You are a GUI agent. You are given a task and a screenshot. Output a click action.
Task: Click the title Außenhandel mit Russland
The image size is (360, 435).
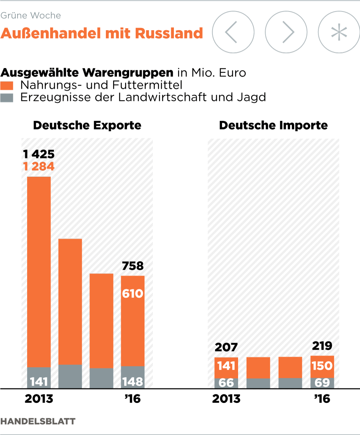pyautogui.click(x=102, y=33)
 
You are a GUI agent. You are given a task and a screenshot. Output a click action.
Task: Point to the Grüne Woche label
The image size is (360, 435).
pyautogui.click(x=31, y=16)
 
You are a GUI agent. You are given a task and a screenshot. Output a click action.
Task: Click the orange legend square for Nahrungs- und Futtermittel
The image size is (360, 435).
pyautogui.click(x=7, y=85)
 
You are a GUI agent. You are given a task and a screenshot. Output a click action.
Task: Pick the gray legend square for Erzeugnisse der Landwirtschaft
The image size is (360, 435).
pyautogui.click(x=7, y=97)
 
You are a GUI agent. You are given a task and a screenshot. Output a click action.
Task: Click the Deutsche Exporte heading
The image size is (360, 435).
pyautogui.click(x=87, y=125)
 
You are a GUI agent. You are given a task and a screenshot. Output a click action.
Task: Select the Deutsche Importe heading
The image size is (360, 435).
pyautogui.click(x=273, y=125)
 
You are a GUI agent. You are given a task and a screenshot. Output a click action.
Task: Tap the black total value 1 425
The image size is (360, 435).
pyautogui.click(x=39, y=154)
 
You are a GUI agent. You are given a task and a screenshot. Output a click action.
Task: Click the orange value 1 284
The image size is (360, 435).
pyautogui.click(x=39, y=166)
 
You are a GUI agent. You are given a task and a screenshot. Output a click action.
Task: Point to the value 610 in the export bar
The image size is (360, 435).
pyautogui.click(x=133, y=294)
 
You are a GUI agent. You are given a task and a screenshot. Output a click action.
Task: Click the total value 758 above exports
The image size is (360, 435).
pyautogui.click(x=133, y=266)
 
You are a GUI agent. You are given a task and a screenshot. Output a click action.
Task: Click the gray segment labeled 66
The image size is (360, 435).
pyautogui.click(x=226, y=382)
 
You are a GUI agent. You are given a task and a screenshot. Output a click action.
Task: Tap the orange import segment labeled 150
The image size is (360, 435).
pyautogui.click(x=322, y=366)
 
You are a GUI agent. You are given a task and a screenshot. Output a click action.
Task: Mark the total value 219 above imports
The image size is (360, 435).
pyautogui.click(x=322, y=346)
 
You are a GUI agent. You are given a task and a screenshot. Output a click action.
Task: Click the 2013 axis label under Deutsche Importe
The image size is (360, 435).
pyautogui.click(x=226, y=399)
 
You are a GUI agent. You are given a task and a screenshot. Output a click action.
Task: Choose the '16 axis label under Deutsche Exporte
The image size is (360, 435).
pyautogui.click(x=133, y=399)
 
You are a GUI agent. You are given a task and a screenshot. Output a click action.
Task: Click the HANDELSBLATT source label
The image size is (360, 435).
pyautogui.click(x=38, y=421)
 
